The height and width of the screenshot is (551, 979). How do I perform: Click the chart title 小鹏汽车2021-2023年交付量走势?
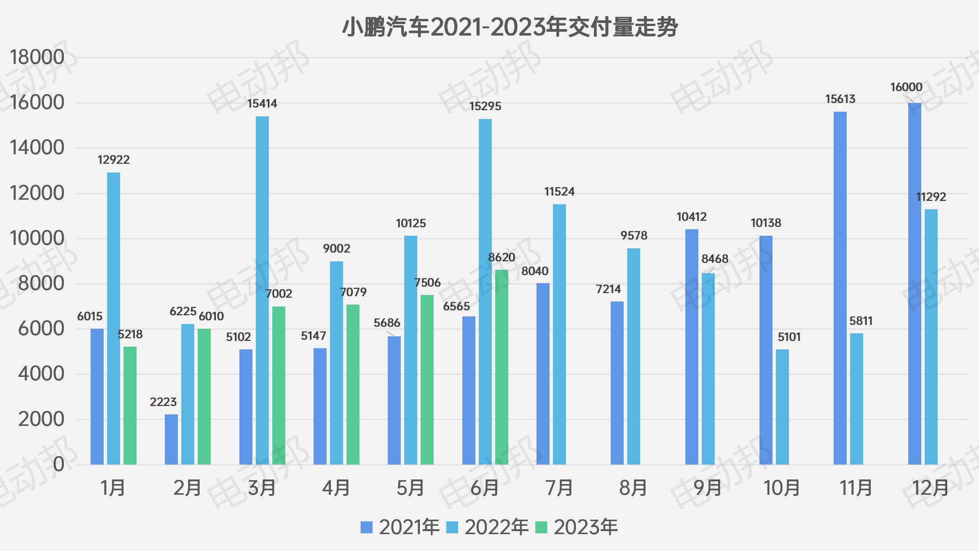(509, 28)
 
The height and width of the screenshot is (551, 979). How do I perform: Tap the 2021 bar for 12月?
(914, 284)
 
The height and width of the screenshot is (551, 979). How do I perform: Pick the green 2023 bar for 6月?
(502, 367)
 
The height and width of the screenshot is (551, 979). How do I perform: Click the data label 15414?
(262, 104)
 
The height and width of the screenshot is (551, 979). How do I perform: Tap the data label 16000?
(906, 87)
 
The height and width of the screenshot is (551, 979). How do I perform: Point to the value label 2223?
(163, 402)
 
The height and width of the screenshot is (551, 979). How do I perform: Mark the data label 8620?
(502, 258)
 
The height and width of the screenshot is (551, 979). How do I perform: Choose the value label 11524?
(559, 192)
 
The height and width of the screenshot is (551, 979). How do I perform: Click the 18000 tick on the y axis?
(37, 58)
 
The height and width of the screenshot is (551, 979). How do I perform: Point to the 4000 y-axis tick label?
(41, 374)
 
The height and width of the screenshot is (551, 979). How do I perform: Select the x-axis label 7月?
(559, 488)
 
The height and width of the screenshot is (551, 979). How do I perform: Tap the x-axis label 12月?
(931, 488)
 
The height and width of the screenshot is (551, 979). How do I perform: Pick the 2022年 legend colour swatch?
(452, 527)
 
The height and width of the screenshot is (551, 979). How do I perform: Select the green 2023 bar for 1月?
(130, 406)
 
